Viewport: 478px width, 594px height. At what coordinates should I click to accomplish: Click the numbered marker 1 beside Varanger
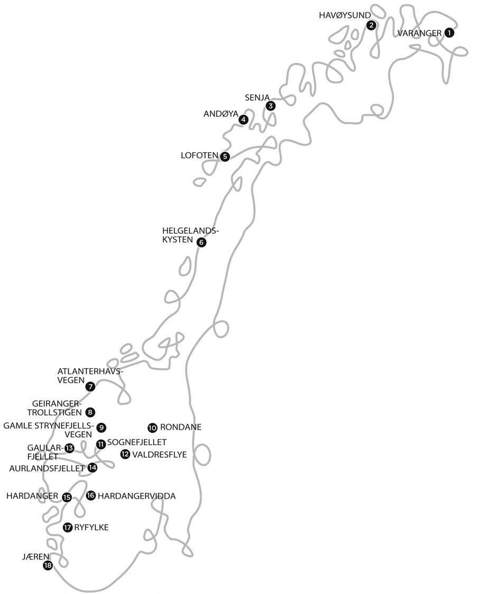tap(449, 33)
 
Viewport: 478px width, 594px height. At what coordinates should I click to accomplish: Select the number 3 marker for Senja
tap(271, 106)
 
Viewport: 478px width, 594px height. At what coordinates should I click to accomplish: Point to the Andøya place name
tap(220, 114)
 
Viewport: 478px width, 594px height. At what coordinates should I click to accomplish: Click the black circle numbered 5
tap(225, 156)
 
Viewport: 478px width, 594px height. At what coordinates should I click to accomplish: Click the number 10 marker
tap(152, 427)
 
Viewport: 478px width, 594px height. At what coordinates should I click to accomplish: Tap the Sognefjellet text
tap(137, 442)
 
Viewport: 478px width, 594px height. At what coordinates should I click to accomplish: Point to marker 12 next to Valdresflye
tap(125, 453)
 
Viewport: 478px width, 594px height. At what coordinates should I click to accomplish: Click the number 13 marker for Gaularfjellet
tap(69, 448)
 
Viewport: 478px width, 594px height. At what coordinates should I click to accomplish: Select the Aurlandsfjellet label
tap(47, 468)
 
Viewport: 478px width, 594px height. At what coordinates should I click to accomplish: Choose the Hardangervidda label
tap(136, 496)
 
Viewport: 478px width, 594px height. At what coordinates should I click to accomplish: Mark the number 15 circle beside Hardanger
tap(67, 497)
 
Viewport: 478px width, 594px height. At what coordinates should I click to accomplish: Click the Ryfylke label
tap(91, 527)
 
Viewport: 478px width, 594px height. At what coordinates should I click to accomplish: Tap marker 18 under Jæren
tap(48, 566)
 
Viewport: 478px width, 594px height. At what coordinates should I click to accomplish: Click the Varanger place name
tap(419, 33)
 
